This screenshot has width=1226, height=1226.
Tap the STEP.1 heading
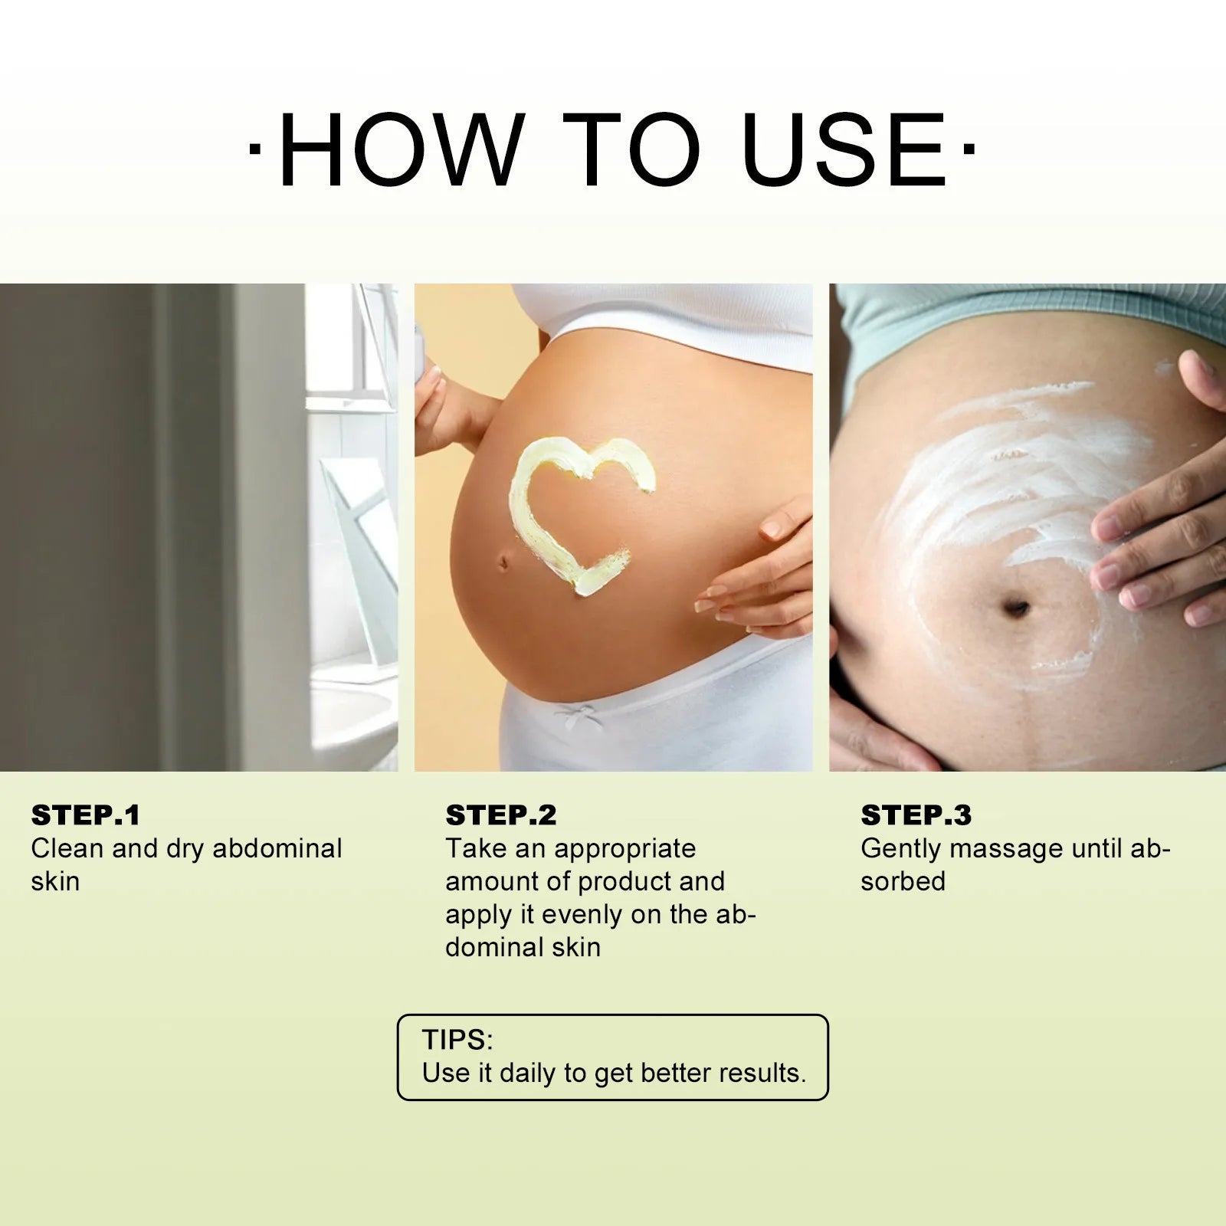pos(86,815)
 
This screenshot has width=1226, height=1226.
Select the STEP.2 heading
pos(501,815)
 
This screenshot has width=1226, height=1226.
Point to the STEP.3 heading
pos(916,815)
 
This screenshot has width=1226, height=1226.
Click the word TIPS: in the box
pos(457,1040)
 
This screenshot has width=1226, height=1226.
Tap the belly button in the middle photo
pos(503,564)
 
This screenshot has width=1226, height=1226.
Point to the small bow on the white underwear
pos(575,716)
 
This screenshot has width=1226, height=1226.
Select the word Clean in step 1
pos(67,849)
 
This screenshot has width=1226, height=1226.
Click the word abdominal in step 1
pos(277,849)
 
